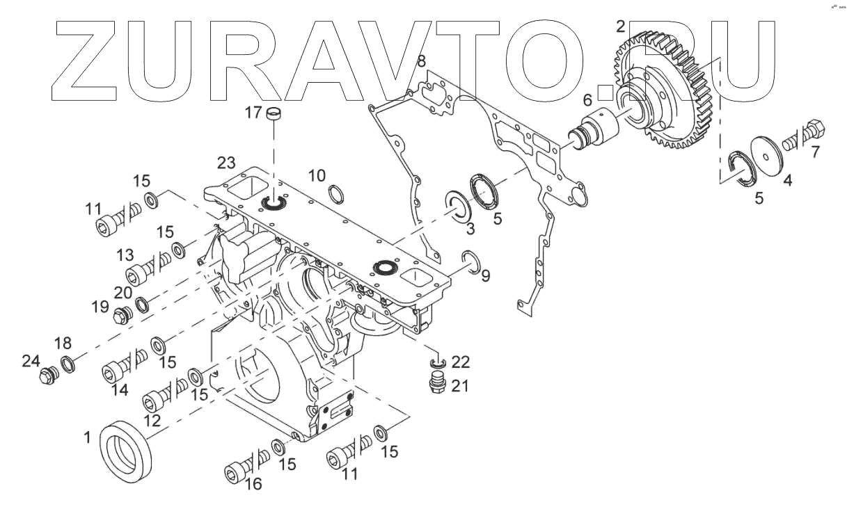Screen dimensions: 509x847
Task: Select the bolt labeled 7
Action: click(x=807, y=138)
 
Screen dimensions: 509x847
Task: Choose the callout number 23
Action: click(x=225, y=163)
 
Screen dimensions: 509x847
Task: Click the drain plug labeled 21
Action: click(x=437, y=387)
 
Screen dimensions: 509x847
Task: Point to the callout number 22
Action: click(x=461, y=362)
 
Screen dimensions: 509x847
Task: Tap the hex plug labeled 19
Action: click(x=123, y=316)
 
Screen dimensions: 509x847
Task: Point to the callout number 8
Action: click(x=421, y=63)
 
